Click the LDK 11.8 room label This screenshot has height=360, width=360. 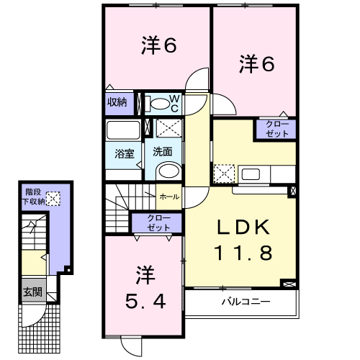243,240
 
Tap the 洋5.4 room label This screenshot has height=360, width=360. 145,287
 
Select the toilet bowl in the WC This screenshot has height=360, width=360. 160,104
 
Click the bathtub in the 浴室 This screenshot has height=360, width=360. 123,130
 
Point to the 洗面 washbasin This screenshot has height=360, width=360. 168,171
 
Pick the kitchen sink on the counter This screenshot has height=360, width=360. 251,174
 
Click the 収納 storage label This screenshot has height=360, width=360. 117,102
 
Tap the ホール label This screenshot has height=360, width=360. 169,197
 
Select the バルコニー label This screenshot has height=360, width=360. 246,301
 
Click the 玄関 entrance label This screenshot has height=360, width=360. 32,292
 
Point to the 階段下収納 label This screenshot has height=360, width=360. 34,197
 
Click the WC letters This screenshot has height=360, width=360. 174,104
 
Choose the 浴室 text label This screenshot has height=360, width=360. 125,153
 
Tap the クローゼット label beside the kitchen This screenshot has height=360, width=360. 277,129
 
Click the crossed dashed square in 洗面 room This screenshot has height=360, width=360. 169,128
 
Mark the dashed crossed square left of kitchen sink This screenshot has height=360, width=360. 224,174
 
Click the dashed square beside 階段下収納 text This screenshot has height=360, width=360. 53,199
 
